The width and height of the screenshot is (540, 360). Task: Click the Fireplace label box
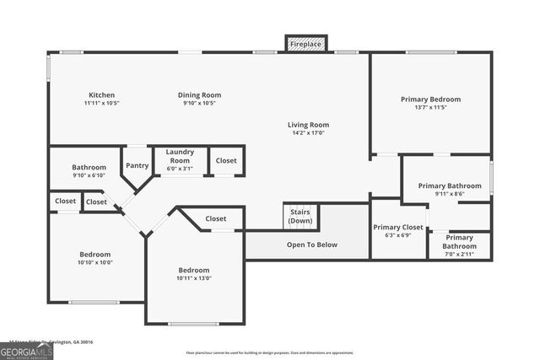[305, 43]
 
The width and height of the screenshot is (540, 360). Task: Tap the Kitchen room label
[101, 95]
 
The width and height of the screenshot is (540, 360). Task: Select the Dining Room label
[199, 95]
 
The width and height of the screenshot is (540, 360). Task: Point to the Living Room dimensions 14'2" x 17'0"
[308, 132]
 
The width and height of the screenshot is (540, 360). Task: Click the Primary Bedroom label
[430, 99]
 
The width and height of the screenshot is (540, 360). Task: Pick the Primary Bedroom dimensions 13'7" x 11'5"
[430, 108]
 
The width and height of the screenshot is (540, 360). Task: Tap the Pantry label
[137, 165]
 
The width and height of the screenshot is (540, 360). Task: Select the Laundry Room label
[180, 156]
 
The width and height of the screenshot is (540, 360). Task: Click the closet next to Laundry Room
[226, 160]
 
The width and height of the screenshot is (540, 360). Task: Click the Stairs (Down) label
[300, 216]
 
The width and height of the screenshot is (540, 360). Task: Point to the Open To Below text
[312, 244]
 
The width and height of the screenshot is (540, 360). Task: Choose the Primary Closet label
[398, 227]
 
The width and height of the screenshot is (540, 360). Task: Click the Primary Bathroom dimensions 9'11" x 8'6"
[450, 194]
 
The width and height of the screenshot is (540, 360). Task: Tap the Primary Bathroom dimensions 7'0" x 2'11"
[460, 253]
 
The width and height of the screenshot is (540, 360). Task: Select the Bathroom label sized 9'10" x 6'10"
[89, 167]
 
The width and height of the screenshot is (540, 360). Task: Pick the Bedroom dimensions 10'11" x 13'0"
[193, 279]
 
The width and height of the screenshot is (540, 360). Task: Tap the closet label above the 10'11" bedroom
[215, 218]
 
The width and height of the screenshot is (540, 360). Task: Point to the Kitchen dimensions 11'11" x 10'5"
[101, 104]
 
